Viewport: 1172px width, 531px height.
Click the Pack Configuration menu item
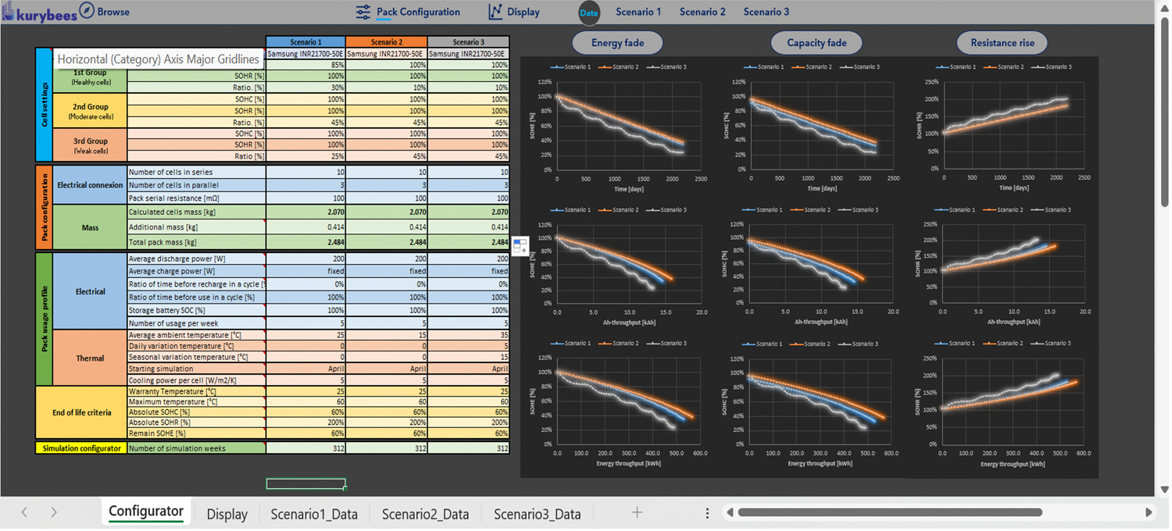pos(417,12)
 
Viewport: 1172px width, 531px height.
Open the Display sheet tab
pos(227,514)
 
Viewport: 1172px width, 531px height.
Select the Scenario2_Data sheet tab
pos(425,514)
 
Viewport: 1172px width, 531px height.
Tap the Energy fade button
pos(617,43)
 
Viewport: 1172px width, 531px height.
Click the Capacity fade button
pos(816,43)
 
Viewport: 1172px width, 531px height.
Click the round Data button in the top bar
pos(589,12)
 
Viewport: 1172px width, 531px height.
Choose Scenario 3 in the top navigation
pos(766,12)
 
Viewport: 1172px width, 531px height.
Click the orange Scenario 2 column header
pos(386,42)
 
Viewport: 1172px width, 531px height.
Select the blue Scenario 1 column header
pos(306,42)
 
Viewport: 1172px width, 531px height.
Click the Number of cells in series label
pos(170,172)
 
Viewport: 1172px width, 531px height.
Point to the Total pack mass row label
pos(163,242)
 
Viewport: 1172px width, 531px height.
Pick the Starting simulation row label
pos(161,369)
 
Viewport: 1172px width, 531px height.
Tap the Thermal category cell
pos(90,358)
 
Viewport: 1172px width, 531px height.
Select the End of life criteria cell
pos(82,412)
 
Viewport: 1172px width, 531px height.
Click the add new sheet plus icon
pos(637,512)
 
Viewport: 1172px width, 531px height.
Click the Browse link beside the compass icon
pos(113,12)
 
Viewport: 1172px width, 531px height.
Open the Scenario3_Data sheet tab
pos(537,514)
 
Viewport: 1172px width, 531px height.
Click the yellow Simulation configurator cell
pos(81,448)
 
